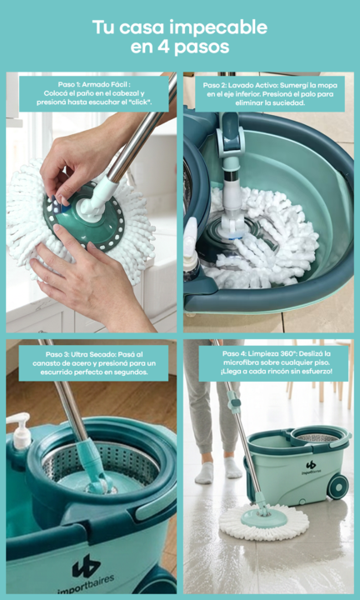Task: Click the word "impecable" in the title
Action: click(218, 28)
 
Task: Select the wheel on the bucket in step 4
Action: click(337, 487)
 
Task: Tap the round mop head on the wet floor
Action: click(263, 522)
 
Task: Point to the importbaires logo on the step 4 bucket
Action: click(311, 467)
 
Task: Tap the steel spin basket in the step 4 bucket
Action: click(317, 437)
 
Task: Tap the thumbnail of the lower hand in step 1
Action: click(57, 228)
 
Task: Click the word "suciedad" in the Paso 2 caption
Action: click(291, 103)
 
